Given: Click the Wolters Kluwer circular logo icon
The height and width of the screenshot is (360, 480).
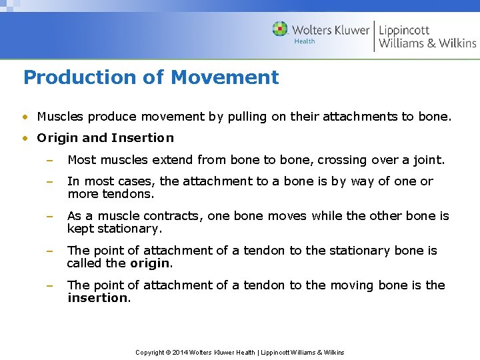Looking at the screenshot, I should (280, 29).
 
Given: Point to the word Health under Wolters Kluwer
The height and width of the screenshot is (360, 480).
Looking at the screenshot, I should (305, 41).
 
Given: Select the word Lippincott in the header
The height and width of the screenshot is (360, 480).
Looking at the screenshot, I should (404, 30).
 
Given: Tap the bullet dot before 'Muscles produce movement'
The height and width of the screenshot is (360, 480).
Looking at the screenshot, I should (25, 117).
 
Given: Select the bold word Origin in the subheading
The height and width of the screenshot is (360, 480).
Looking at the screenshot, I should (57, 138).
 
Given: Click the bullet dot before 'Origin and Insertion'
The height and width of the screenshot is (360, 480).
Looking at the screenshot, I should (25, 139).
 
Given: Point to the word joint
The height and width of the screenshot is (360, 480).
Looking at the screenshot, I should (429, 160).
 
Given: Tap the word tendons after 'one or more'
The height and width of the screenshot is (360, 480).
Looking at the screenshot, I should (129, 194).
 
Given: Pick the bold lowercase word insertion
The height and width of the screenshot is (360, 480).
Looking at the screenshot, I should (97, 298).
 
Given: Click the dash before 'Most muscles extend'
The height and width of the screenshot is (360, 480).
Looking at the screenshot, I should (49, 161).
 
